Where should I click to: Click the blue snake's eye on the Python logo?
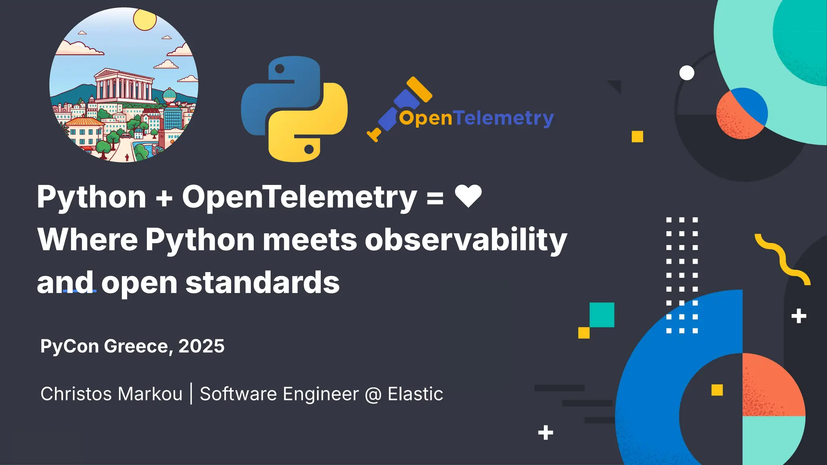click(279, 69)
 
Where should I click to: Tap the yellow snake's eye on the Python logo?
click(309, 149)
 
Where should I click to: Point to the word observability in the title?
click(466, 240)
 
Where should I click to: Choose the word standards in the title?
click(262, 283)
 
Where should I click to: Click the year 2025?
click(202, 346)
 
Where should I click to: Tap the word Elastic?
click(415, 394)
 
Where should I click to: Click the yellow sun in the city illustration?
click(145, 19)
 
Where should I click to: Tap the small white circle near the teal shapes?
click(686, 73)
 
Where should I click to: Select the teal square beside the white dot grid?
click(602, 314)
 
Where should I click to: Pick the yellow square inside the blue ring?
click(717, 390)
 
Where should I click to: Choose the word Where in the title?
click(88, 240)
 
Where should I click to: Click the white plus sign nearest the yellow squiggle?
click(798, 316)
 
